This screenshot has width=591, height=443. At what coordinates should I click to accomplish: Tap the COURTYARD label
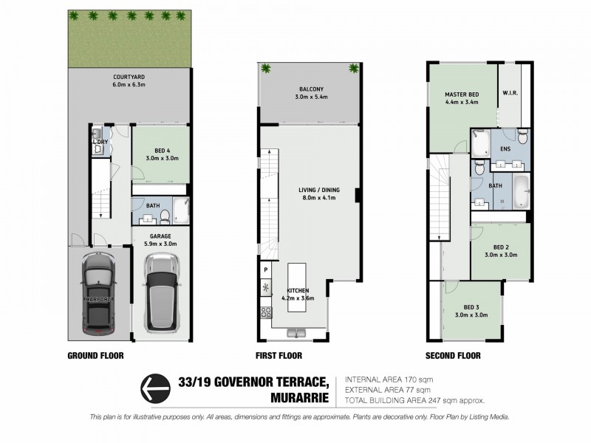coord(129,76)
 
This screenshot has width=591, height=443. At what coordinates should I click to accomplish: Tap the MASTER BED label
coord(462,95)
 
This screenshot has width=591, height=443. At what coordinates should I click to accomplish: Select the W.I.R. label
coord(509,93)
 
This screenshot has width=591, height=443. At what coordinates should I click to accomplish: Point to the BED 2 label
coord(501,247)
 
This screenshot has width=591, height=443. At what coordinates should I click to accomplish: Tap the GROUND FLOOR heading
coord(96,355)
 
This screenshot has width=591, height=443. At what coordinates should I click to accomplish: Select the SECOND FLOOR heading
coord(453,355)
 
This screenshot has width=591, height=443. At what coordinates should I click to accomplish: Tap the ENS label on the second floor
coord(505,150)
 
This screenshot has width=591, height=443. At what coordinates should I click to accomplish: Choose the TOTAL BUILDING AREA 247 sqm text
coord(414,400)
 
